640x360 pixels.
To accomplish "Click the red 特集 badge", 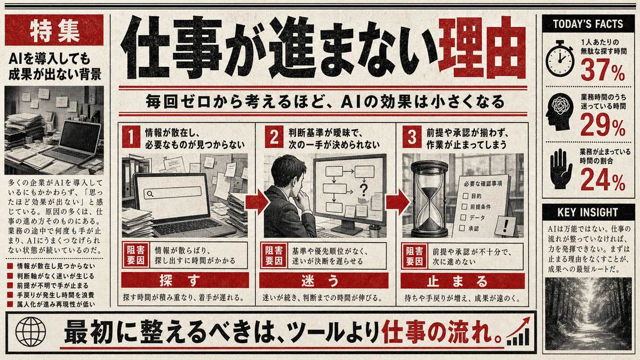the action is (x=54, y=30).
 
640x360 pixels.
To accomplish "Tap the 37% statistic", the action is (x=602, y=70).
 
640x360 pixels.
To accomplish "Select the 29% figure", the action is (x=602, y=124).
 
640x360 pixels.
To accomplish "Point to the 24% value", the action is (x=602, y=180).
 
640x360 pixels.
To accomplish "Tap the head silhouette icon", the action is (x=560, y=112).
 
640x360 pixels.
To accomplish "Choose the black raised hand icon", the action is (x=561, y=168).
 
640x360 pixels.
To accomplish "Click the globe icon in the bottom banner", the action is (x=31, y=332).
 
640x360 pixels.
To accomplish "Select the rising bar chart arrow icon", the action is (x=518, y=332).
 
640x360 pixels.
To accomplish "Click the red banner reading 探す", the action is (x=185, y=280).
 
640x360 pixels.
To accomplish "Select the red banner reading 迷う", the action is (x=324, y=280).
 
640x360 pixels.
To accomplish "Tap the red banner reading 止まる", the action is (x=463, y=280).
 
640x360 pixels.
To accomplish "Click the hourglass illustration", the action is (x=429, y=199).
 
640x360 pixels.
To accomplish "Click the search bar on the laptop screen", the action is (x=173, y=193).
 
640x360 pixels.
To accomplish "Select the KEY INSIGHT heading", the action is (x=588, y=212).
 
